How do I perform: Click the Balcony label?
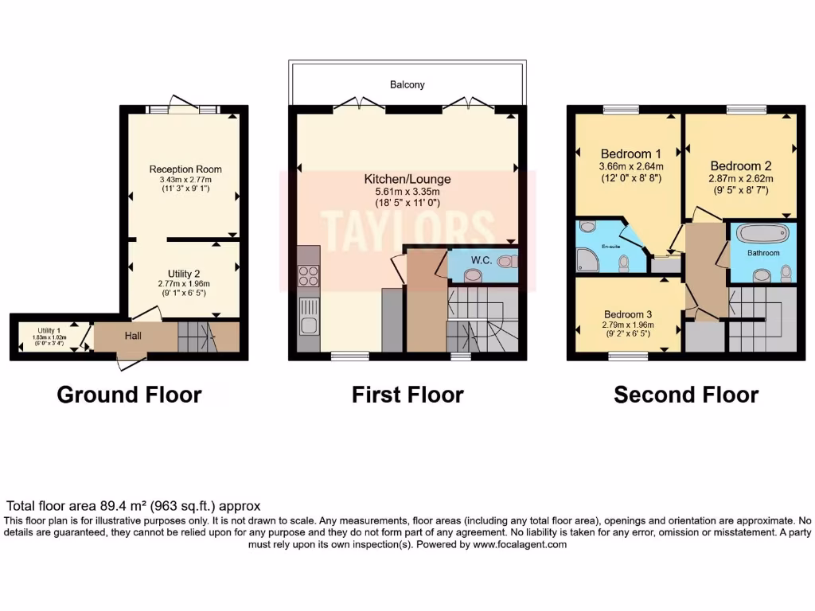pyautogui.click(x=407, y=84)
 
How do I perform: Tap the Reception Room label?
pyautogui.click(x=185, y=169)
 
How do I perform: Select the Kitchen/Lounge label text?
pyautogui.click(x=407, y=179)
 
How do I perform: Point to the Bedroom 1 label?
pyautogui.click(x=631, y=154)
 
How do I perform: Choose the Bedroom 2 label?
pyautogui.click(x=741, y=165)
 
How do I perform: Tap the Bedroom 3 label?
pyautogui.click(x=628, y=313)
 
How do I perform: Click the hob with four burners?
pyautogui.click(x=308, y=276)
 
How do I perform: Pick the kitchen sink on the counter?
pyautogui.click(x=308, y=324)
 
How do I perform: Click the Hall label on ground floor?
pyautogui.click(x=133, y=337)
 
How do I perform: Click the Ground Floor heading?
pyautogui.click(x=129, y=395)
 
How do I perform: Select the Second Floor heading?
pyautogui.click(x=686, y=395)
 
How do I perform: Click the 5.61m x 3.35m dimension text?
pyautogui.click(x=407, y=192)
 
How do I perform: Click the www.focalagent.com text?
pyautogui.click(x=520, y=545)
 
